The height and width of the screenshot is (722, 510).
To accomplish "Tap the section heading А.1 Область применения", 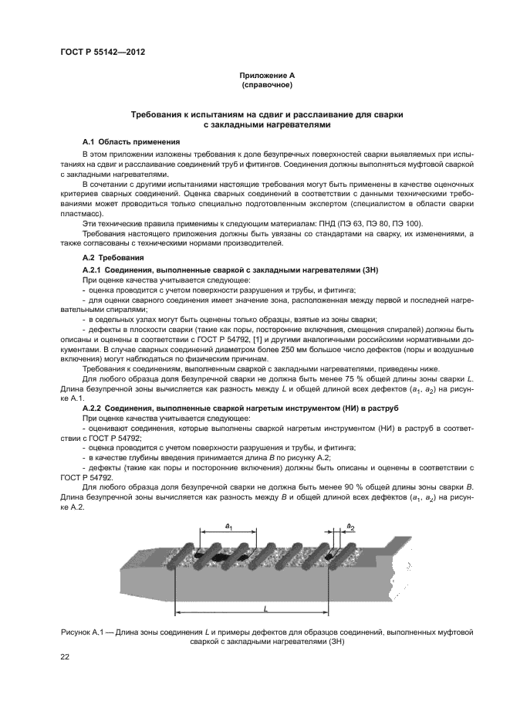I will click(131, 142).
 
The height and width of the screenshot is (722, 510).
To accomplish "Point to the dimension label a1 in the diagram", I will click(228, 525).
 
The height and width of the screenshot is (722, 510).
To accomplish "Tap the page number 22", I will click(65, 656).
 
